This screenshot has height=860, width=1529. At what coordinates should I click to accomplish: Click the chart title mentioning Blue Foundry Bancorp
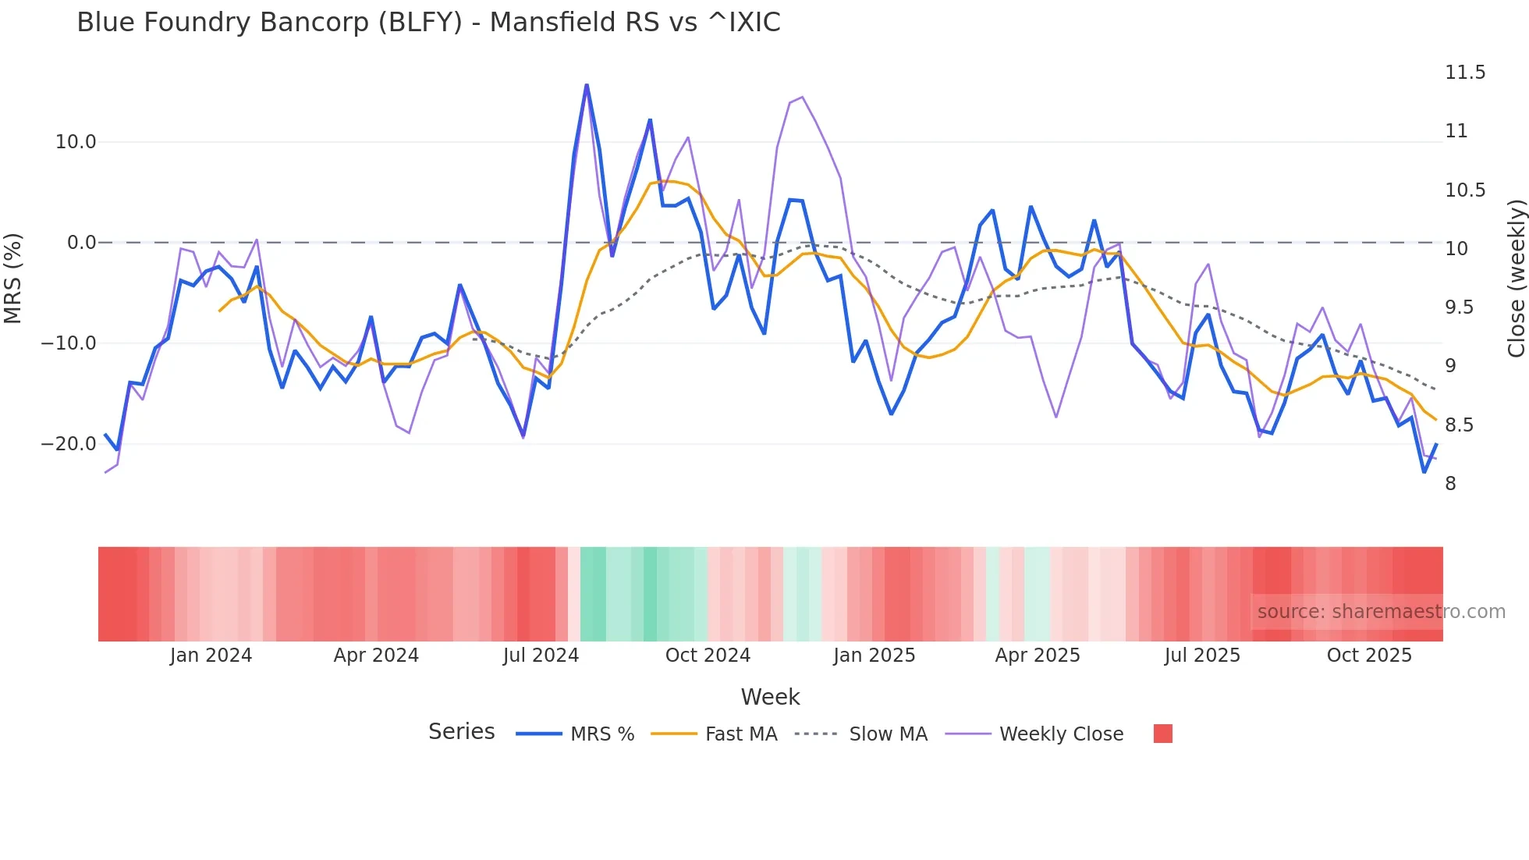pos(428,23)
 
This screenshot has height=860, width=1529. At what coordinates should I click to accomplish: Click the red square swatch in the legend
pos(1162,734)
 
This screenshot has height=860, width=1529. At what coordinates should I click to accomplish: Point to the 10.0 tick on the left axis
pos(76,142)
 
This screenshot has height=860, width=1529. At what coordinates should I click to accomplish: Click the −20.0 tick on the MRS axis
pos(69,444)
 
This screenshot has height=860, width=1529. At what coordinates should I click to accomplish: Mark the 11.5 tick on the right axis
pos(1464,73)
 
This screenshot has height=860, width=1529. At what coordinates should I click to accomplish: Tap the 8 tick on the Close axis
pos(1450,484)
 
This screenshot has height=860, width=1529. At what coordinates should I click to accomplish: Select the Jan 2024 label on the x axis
pos(211,656)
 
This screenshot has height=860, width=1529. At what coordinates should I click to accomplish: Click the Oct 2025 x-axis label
pos(1369,656)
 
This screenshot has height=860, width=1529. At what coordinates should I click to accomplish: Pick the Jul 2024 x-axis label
pos(541,656)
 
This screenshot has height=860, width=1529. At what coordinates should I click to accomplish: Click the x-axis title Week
pos(770,697)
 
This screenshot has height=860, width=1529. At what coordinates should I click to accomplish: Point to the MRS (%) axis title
pos(13,278)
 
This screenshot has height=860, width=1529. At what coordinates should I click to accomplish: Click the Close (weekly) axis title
pos(1516,279)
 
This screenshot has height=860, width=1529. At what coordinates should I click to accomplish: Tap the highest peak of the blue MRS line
pos(587,85)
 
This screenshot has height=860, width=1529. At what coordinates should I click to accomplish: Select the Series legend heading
pos(461,732)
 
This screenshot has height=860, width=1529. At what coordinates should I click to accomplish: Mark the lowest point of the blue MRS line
pos(1424,471)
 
